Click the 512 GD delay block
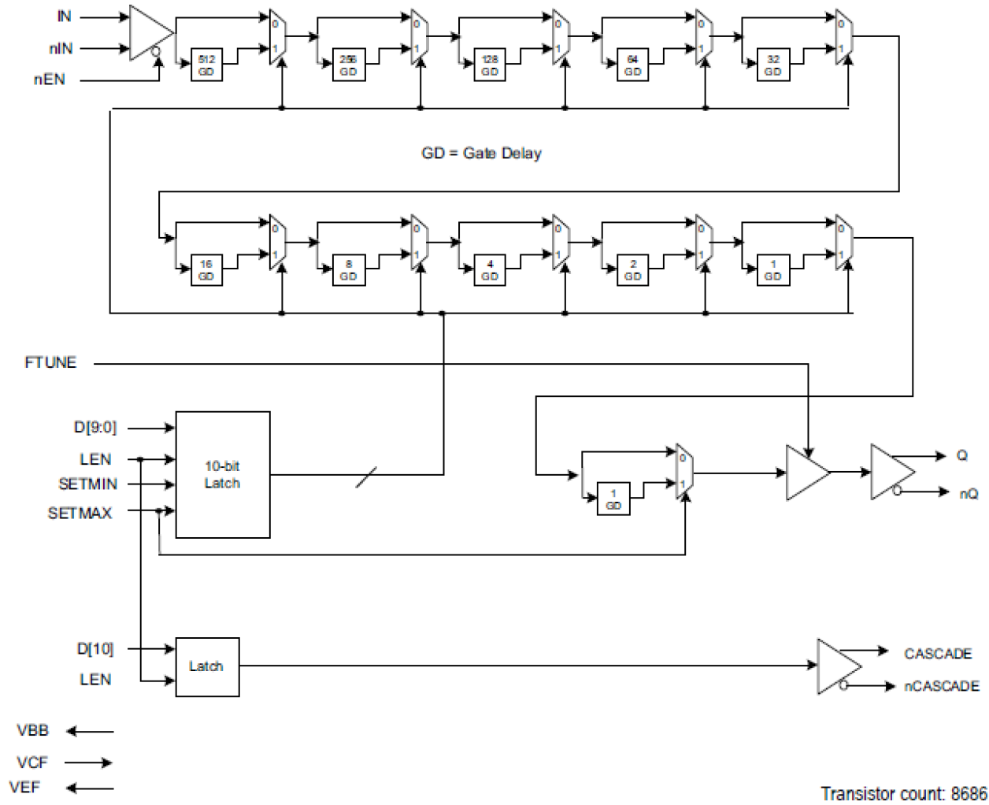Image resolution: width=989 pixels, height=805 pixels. coord(206,65)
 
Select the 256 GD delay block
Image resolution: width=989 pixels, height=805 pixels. coord(348,65)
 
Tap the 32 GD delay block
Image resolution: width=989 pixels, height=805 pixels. coord(773,65)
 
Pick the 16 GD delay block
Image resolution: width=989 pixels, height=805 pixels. coord(206,270)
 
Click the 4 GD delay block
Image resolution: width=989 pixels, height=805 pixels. coord(490,270)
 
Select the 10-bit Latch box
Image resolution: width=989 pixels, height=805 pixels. coord(222,475)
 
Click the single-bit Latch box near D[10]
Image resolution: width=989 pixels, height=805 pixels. coord(207,666)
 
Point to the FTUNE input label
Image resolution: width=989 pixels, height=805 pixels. coord(50,363)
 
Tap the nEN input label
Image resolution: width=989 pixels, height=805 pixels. coord(49,80)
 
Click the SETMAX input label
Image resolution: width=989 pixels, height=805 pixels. coord(80,514)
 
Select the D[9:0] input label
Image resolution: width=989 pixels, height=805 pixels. coord(94,428)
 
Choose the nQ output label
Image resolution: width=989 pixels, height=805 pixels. coord(969,493)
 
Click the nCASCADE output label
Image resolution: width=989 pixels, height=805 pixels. coord(942,686)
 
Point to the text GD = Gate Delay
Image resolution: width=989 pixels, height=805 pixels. coord(481,154)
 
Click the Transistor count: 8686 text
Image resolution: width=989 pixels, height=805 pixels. coord(903,793)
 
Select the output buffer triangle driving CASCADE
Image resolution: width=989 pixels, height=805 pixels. coord(836,666)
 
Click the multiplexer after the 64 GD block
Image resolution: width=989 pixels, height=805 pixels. coord(703,37)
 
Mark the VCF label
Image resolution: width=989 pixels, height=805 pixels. coord(32,762)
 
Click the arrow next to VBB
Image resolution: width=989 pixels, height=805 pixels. coord(90,732)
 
